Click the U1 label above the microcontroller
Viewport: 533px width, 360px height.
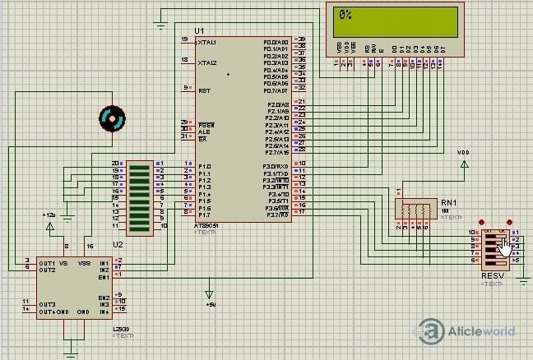pyautogui.click(x=199, y=31)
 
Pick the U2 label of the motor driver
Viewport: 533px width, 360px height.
pyautogui.click(x=118, y=244)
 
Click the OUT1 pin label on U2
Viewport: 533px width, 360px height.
pyautogui.click(x=46, y=262)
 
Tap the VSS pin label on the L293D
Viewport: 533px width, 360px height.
pyautogui.click(x=83, y=262)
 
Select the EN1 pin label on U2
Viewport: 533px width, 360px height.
pyautogui.click(x=104, y=276)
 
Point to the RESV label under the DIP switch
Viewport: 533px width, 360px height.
pyautogui.click(x=493, y=275)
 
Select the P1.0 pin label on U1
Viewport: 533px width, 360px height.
pyautogui.click(x=205, y=166)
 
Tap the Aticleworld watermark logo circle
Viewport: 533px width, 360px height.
pyautogui.click(x=431, y=332)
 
